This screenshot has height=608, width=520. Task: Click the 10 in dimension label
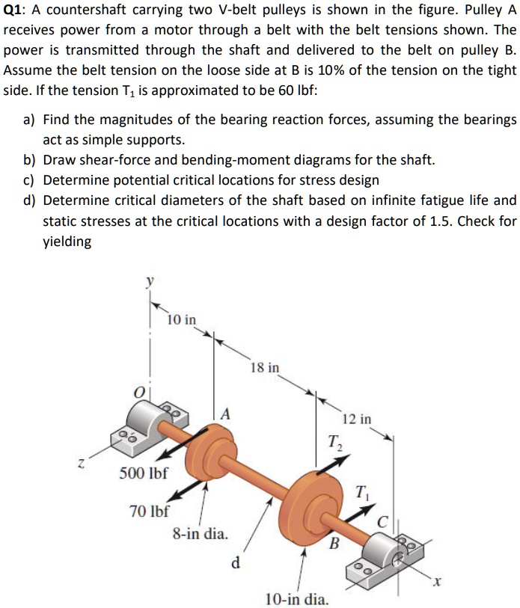[x=182, y=319]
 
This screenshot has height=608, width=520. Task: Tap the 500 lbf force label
[x=144, y=473]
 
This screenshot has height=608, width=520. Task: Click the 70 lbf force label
[x=149, y=512]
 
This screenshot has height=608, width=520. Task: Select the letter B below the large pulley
[x=335, y=541]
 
